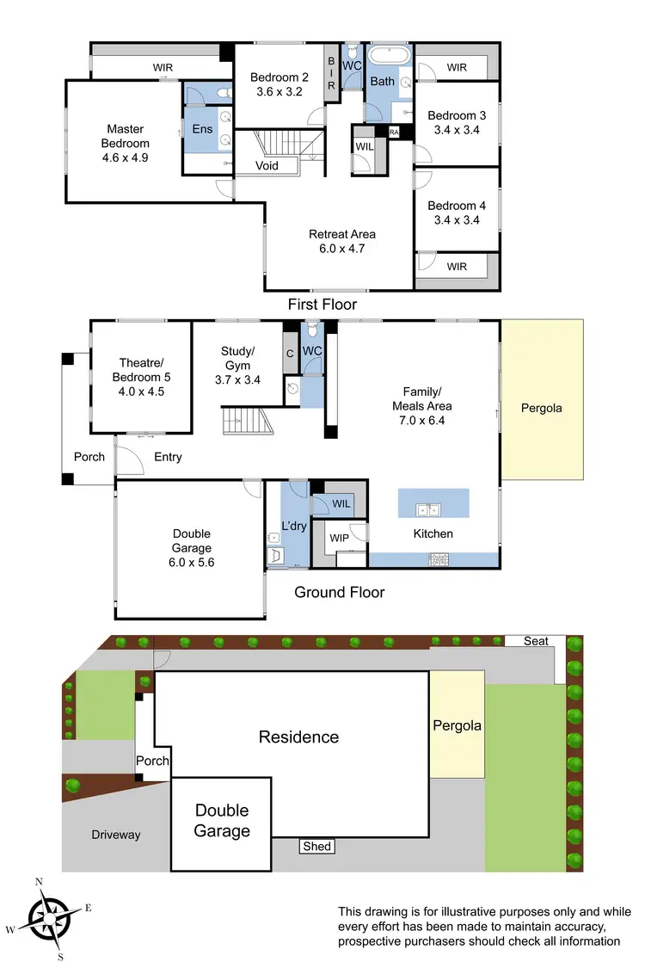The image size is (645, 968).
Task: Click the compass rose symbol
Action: (50, 916)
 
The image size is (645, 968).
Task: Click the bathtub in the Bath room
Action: (391, 55)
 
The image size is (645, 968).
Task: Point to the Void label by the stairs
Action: (267, 165)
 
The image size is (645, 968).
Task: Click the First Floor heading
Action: (322, 305)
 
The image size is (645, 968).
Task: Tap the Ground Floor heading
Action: (339, 592)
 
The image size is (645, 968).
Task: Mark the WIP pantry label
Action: (340, 538)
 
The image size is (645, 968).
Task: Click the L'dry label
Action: (294, 526)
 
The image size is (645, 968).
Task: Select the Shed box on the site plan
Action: (316, 847)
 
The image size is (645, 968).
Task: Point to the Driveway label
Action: (116, 835)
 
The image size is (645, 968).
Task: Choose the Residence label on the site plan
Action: (298, 737)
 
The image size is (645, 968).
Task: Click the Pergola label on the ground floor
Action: (541, 408)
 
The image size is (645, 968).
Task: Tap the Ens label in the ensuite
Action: (201, 129)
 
